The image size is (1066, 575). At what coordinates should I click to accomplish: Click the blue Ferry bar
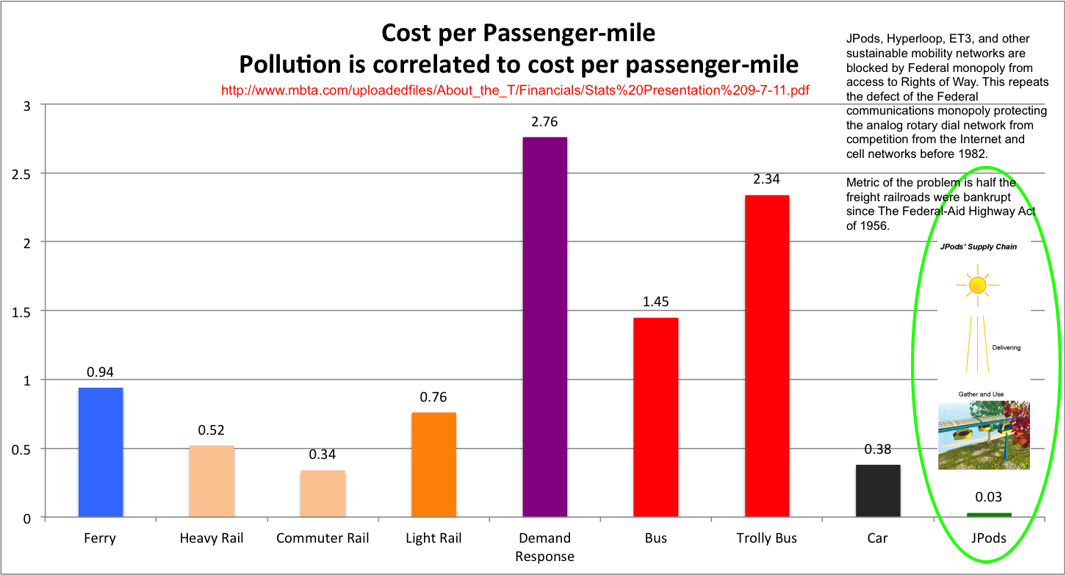(x=101, y=452)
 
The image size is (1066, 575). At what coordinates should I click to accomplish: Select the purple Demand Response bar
(x=544, y=327)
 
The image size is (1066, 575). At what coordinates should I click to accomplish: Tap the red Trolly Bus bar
(x=766, y=355)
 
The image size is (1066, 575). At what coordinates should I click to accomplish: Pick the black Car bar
(x=877, y=491)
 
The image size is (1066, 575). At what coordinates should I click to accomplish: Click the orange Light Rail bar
(x=433, y=464)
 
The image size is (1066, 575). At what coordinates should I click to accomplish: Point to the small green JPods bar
(x=988, y=514)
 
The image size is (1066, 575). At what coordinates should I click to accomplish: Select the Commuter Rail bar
(x=323, y=493)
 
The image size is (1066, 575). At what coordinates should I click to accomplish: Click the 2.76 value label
(x=544, y=122)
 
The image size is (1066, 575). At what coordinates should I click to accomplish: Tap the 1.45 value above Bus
(x=655, y=302)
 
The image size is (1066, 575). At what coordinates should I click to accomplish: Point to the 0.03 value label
(x=988, y=497)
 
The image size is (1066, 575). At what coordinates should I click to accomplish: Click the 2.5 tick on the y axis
(x=21, y=174)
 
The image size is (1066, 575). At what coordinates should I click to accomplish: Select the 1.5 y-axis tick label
(x=21, y=311)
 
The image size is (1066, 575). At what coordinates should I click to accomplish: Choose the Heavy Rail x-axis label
(x=212, y=539)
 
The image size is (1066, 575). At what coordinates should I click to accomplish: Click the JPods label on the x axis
(x=988, y=539)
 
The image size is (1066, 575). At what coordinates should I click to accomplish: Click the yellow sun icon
(x=976, y=285)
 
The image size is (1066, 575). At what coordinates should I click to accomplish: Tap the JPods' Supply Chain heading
(x=979, y=247)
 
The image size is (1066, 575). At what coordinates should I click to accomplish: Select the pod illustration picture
(x=983, y=435)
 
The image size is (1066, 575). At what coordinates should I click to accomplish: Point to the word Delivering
(x=1006, y=347)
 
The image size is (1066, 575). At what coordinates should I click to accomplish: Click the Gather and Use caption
(x=980, y=394)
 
